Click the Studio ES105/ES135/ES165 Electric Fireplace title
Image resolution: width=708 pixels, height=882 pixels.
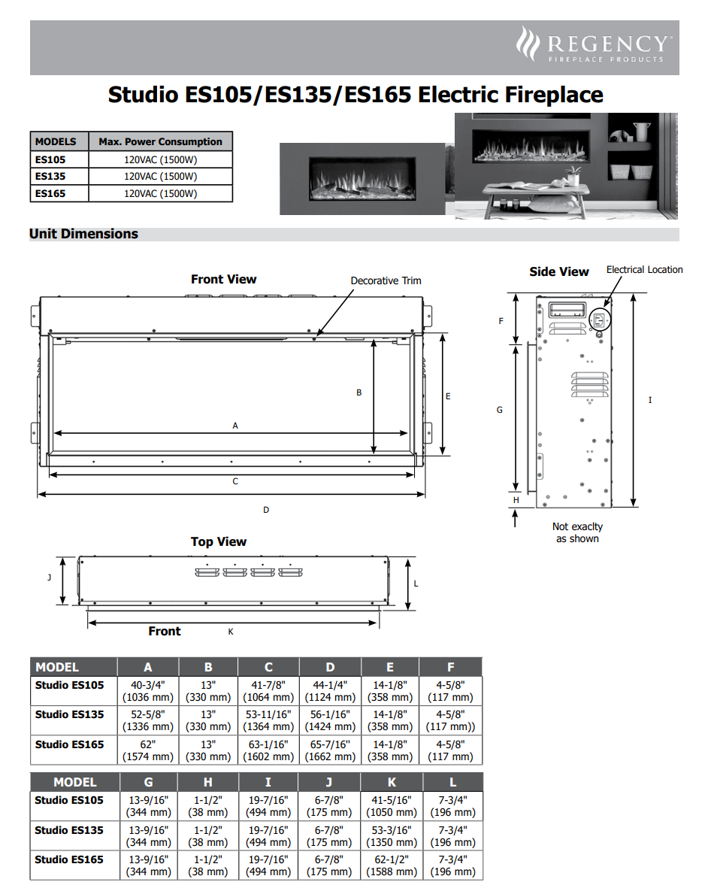tap(355, 95)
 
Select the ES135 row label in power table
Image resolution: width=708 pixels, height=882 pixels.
tap(50, 177)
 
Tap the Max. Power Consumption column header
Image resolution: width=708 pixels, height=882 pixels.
tap(160, 141)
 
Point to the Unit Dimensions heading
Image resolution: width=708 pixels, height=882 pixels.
tap(83, 234)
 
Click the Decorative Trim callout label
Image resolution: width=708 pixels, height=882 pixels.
tap(386, 280)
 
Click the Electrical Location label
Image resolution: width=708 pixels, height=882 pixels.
tap(644, 269)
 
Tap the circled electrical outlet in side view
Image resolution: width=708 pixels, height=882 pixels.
tap(599, 320)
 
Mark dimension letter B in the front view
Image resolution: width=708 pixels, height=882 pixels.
tap(359, 393)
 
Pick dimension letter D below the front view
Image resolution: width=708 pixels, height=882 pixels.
tap(266, 510)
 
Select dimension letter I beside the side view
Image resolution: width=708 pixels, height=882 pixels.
tap(650, 400)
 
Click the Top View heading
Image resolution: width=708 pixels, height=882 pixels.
tap(218, 541)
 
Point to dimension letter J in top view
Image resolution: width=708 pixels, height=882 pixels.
tap(49, 577)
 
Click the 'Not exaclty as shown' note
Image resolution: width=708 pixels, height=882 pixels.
tap(577, 532)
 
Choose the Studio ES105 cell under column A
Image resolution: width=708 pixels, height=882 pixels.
tap(148, 691)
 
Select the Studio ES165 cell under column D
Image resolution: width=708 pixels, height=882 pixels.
tap(330, 750)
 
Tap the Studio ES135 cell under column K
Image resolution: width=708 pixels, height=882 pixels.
tap(391, 836)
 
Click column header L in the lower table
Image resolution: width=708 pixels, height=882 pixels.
tap(452, 782)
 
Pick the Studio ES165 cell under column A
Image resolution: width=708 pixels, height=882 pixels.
tap(148, 750)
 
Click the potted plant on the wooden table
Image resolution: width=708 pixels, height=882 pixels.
tap(573, 177)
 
